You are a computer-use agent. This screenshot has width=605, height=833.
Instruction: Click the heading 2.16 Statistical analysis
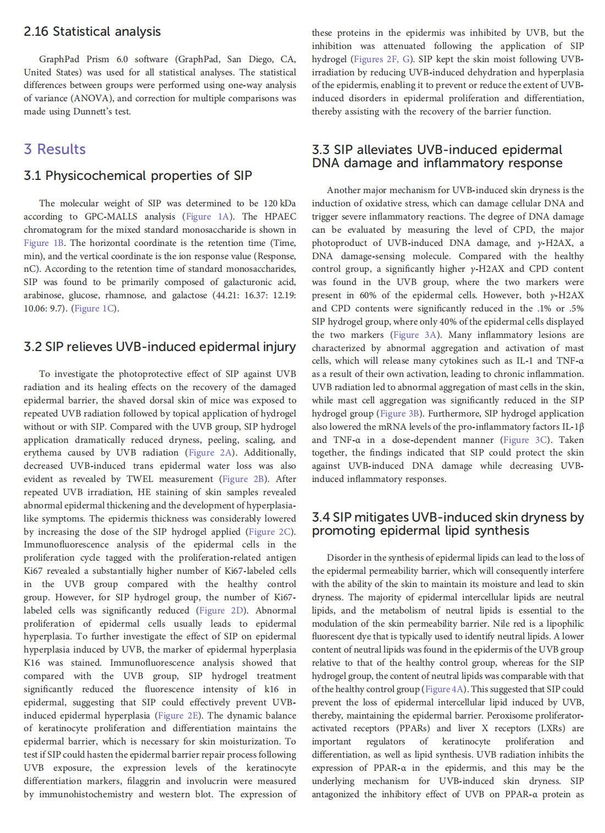coord(92,31)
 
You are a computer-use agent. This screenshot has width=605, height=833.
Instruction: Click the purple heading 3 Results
coord(54,149)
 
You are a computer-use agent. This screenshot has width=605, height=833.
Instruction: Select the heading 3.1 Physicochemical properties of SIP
coord(137,176)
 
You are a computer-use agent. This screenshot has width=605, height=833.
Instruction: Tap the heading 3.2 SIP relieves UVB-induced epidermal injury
coord(159,347)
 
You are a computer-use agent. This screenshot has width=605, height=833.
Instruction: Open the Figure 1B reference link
coord(44,243)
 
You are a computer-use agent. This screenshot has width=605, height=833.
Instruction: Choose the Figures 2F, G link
coord(381,59)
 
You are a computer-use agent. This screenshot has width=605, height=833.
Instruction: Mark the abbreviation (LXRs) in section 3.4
coord(551,728)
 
